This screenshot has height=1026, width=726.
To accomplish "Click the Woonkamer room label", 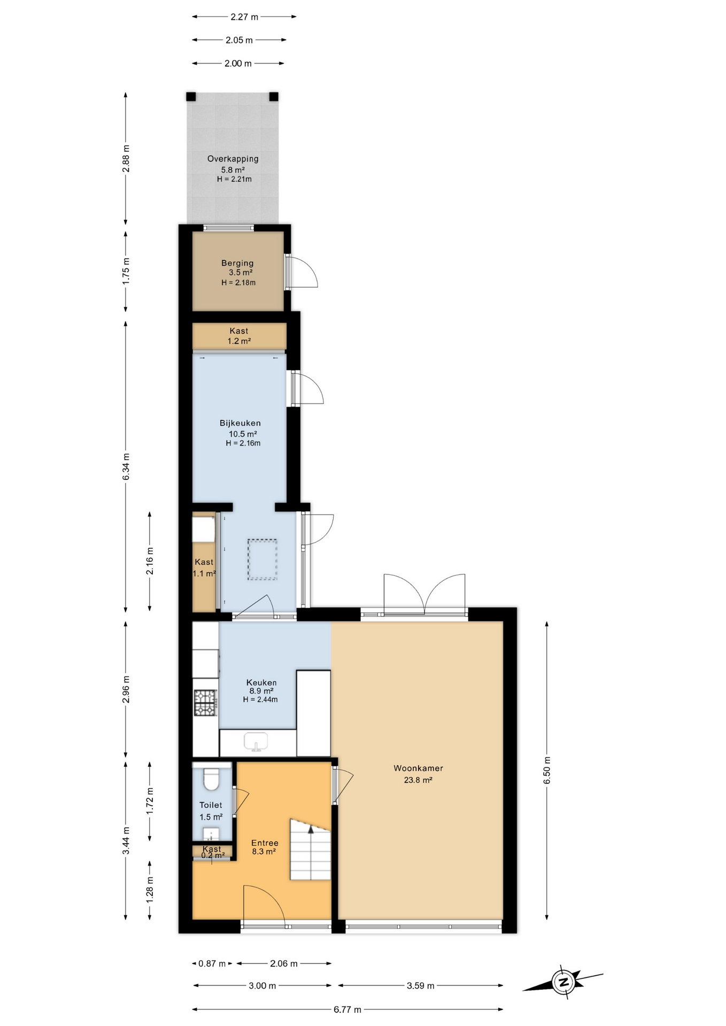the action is (x=418, y=768).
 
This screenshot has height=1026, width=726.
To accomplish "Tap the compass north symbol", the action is (x=563, y=982).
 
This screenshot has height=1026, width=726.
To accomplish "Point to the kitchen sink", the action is (x=256, y=742).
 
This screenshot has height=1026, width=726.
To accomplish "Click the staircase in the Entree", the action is (x=310, y=849).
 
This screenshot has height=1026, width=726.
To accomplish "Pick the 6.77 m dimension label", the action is (x=347, y=1009).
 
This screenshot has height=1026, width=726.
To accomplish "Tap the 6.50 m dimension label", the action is (x=546, y=771).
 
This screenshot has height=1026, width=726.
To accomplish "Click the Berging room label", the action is (x=237, y=263).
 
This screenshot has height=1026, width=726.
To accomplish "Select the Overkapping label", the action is (x=233, y=159).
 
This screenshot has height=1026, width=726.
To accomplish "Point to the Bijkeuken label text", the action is (x=240, y=423).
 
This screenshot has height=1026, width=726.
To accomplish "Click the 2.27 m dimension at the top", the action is (x=244, y=17).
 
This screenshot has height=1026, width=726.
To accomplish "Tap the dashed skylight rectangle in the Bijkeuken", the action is (x=262, y=559).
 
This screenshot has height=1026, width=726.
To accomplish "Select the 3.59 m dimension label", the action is (x=420, y=985).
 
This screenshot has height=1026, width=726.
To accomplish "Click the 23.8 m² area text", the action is (x=418, y=780).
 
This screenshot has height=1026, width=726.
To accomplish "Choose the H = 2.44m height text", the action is (x=260, y=699).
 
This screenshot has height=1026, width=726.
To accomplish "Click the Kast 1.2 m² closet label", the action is (x=239, y=336).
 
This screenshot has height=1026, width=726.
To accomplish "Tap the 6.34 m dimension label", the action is (x=126, y=467).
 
